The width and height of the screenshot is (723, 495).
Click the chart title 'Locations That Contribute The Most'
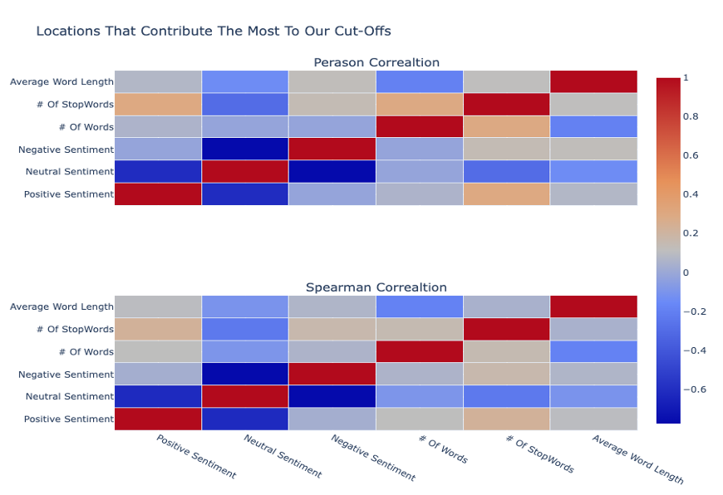point(214,32)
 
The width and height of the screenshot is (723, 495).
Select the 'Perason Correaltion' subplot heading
point(376,63)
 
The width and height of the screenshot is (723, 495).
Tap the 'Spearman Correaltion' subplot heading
point(376,287)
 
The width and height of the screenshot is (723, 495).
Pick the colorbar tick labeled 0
point(686,272)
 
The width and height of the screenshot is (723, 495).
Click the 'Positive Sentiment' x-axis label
point(196,456)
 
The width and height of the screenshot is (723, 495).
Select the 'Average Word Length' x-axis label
point(637,458)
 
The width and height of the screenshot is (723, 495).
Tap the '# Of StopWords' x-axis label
point(539,454)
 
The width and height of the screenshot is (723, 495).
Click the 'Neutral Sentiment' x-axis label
point(283,456)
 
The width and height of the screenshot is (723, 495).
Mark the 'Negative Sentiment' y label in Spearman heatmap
point(66,375)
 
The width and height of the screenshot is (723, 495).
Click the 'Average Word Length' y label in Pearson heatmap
point(61,82)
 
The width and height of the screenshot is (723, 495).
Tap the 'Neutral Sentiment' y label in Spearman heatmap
point(69,397)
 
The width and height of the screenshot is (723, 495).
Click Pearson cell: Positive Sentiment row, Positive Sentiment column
point(158,194)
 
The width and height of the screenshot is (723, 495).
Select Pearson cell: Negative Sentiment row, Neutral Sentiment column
point(245,149)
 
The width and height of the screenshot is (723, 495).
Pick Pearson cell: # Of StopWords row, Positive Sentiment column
point(158,104)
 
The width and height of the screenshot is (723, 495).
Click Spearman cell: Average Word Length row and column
point(593,306)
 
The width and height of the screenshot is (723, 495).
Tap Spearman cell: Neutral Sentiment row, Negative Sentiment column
point(332,396)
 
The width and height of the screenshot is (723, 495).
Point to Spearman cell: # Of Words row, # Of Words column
point(420,351)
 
